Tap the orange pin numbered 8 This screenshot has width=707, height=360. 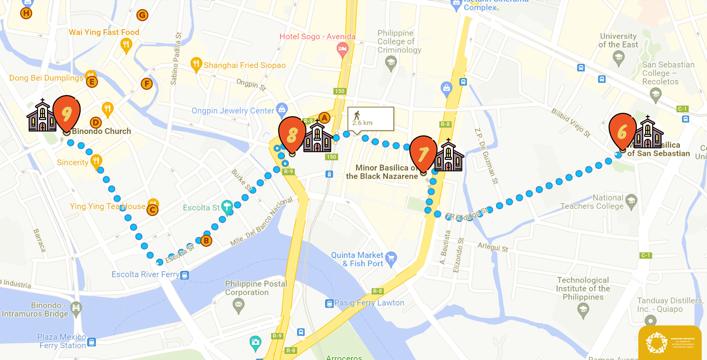click(x=292, y=134)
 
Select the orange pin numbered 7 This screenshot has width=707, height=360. click(x=423, y=153)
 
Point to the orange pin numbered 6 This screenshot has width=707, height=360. click(x=622, y=131)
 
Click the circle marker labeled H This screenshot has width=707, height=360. click(x=26, y=13)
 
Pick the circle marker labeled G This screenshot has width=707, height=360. click(x=142, y=15)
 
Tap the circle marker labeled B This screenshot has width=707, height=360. click(x=206, y=240)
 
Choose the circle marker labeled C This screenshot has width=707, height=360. click(x=153, y=210)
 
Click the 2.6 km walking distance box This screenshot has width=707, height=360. click(x=370, y=119)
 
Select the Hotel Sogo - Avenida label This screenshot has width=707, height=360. click(x=317, y=36)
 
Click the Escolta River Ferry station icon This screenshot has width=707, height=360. click(x=184, y=275)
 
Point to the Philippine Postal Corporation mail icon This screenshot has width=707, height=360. click(x=238, y=304)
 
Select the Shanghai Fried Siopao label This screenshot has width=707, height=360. click(x=244, y=65)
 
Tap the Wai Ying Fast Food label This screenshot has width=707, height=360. click(x=104, y=32)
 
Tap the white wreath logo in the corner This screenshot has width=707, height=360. click(x=656, y=343)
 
